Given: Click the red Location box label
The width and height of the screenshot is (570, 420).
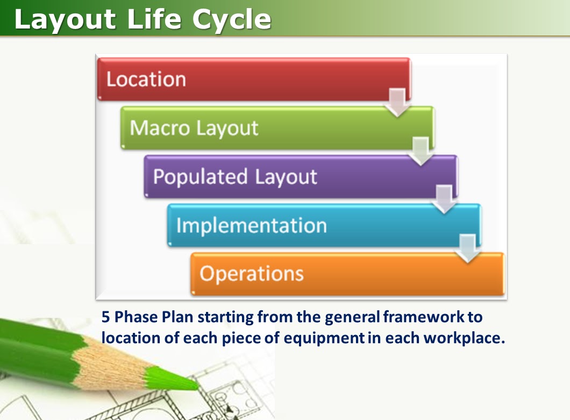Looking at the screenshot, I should click(x=146, y=80).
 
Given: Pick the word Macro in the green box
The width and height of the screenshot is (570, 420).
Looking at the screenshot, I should click(x=160, y=129).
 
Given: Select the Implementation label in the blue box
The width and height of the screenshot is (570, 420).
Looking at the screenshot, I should click(x=251, y=225).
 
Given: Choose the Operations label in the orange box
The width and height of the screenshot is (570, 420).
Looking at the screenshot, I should click(x=251, y=274).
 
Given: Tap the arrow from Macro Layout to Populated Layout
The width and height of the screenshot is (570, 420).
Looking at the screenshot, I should click(x=421, y=152).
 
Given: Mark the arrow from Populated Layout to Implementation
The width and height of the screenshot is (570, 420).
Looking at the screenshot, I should click(x=444, y=200).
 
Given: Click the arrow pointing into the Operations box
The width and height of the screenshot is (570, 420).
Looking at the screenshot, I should click(x=468, y=249).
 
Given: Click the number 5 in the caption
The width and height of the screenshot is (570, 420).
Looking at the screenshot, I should click(x=106, y=317).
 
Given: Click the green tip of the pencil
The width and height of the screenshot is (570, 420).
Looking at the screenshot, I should click(x=189, y=383).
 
